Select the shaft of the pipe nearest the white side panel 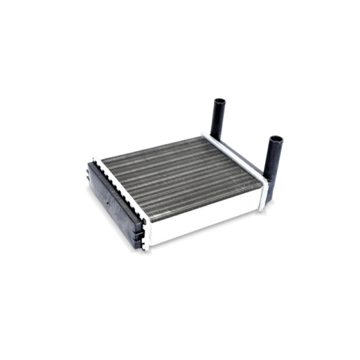[x=273, y=157]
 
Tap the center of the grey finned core [x=180, y=180]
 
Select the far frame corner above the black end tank [x=95, y=158]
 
